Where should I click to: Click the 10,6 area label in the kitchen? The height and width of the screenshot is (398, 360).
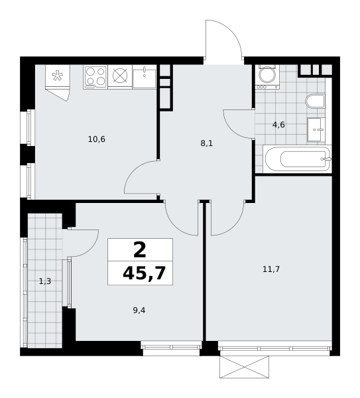pyautogui.click(x=96, y=139)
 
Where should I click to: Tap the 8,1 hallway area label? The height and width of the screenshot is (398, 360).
pyautogui.click(x=206, y=144)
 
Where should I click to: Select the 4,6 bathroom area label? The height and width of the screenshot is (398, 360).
pyautogui.click(x=278, y=125)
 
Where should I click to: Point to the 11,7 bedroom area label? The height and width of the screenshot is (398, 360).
pyautogui.click(x=271, y=269)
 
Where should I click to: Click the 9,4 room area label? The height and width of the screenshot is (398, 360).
pyautogui.click(x=139, y=310)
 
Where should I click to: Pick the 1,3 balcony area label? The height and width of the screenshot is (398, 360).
pyautogui.click(x=45, y=281)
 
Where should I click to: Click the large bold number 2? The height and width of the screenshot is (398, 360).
pyautogui.click(x=140, y=250)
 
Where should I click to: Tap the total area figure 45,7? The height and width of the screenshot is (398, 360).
pyautogui.click(x=144, y=273)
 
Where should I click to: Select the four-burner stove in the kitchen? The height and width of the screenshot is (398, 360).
pyautogui.click(x=95, y=77)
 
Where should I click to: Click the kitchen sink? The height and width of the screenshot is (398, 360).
pyautogui.click(x=144, y=77)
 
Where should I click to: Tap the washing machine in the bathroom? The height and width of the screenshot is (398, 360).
pyautogui.click(x=267, y=77)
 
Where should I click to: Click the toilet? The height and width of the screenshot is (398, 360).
pyautogui.click(x=316, y=101)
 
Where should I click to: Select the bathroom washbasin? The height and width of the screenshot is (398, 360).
pyautogui.click(x=316, y=129)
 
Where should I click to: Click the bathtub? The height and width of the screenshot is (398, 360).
pyautogui.click(x=297, y=159)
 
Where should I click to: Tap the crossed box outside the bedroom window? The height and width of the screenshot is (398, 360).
pyautogui.click(x=245, y=367)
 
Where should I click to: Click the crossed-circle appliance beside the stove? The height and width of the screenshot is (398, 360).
pyautogui.click(x=120, y=76)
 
